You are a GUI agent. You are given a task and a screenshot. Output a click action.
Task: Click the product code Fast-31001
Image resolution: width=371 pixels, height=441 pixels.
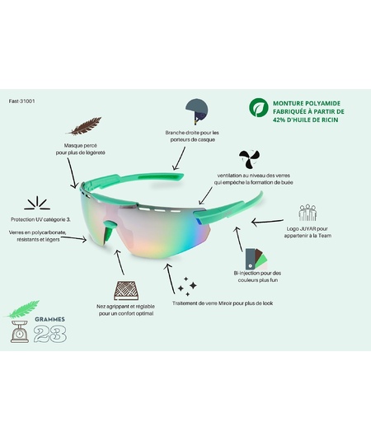21,101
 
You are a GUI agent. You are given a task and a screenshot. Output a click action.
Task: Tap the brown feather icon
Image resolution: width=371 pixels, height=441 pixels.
84,126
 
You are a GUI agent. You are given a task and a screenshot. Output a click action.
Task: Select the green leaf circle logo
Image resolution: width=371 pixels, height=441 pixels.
258,107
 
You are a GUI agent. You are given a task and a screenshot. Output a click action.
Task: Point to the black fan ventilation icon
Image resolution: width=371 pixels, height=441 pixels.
249,159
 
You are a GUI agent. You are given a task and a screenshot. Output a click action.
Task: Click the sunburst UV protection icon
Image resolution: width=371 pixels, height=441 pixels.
37,203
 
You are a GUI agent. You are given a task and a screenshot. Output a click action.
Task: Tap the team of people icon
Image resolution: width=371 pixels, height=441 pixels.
308,213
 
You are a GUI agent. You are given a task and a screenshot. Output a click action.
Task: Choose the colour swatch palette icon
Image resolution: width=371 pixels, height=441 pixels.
256,259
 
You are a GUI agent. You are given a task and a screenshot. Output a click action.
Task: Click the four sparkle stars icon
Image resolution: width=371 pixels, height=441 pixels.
187,286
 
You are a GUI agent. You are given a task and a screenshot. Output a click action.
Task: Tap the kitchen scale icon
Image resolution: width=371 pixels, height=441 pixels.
20,331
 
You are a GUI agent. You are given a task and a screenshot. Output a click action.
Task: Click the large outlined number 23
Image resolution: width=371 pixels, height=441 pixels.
50,334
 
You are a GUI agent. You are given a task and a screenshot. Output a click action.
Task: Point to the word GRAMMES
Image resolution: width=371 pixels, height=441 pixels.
49,319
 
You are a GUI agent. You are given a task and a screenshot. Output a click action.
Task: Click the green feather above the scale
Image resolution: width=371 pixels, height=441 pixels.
22,309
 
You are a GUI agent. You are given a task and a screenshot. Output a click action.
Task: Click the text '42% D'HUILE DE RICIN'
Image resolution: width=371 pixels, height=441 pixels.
306,120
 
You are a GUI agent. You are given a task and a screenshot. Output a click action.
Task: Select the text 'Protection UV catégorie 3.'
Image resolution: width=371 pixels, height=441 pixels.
40,219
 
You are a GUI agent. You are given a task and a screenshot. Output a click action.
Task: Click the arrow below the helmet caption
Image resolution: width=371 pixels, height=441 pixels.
179,158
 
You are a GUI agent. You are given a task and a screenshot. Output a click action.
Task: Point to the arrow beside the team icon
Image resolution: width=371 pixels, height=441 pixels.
267,222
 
